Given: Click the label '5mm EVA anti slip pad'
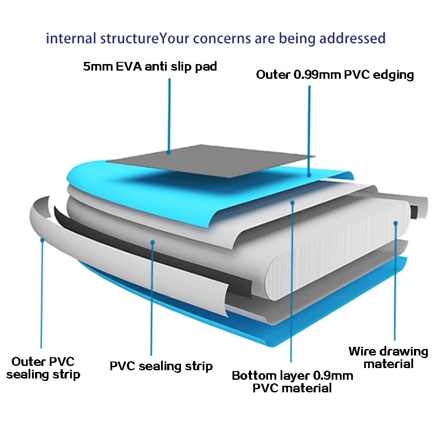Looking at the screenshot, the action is [x=150, y=67].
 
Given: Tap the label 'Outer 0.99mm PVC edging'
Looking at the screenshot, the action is [x=335, y=74].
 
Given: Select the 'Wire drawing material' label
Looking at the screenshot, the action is [x=388, y=357].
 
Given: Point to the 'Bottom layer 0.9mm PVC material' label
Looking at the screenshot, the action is [x=292, y=381].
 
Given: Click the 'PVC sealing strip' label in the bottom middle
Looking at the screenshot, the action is [x=161, y=366].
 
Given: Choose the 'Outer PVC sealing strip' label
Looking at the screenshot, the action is [x=43, y=368].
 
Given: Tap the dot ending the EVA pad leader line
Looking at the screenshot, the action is [x=169, y=152].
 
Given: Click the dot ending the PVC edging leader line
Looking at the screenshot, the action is [x=309, y=175].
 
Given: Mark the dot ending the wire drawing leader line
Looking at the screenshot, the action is [x=395, y=223].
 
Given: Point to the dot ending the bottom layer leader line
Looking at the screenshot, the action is [x=293, y=202].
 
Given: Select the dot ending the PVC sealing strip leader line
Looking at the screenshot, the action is [x=152, y=242].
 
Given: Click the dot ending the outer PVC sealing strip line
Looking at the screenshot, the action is [x=42, y=239].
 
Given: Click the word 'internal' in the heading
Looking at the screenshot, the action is [x=71, y=38].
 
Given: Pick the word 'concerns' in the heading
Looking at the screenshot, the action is [x=220, y=38].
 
